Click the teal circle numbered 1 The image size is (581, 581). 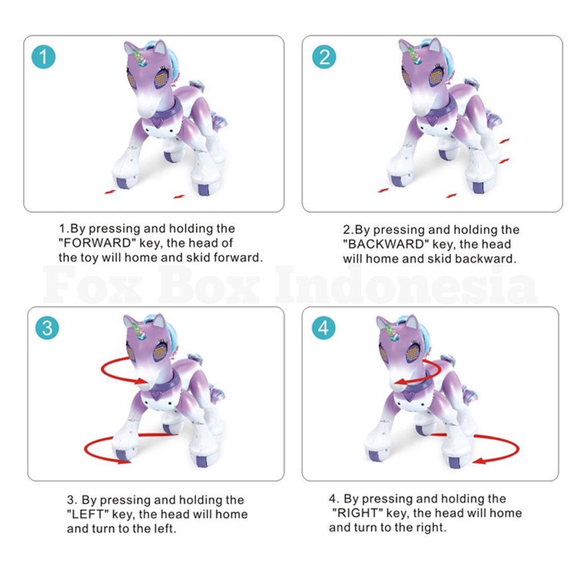tap(43, 57)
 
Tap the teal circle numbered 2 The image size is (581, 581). tap(324, 57)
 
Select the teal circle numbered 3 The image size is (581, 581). tap(47, 328)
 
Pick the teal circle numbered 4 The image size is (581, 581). tap(323, 328)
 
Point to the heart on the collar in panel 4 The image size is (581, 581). tap(410, 395)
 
